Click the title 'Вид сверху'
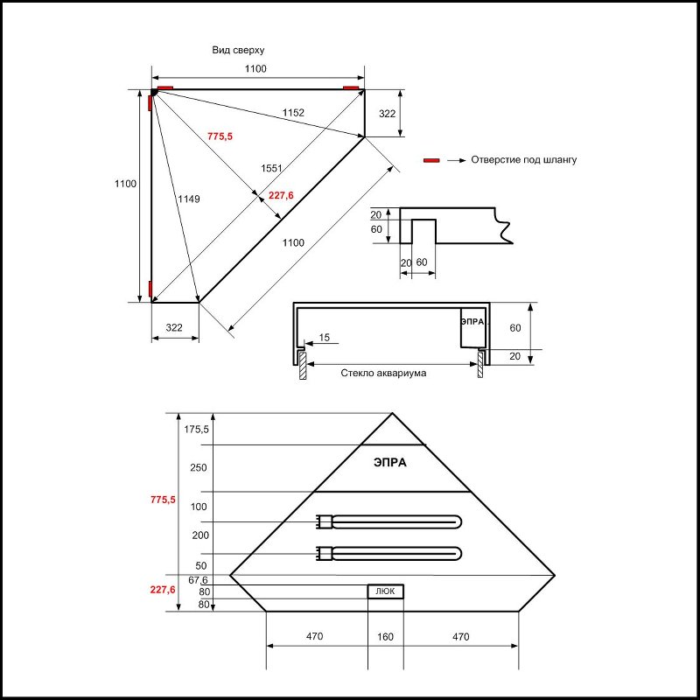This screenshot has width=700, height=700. (x=238, y=51)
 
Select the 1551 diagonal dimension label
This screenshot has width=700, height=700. (x=271, y=168)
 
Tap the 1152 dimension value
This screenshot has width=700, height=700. (x=294, y=112)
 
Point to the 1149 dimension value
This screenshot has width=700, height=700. (x=188, y=199)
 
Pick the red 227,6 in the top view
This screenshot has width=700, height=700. (x=280, y=195)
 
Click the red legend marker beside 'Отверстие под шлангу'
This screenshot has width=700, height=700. (x=430, y=160)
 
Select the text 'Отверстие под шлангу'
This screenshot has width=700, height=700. (x=523, y=160)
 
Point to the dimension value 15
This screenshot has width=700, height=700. (x=325, y=337)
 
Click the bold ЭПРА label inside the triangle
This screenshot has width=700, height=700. (x=389, y=463)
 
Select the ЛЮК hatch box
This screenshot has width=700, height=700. (x=385, y=591)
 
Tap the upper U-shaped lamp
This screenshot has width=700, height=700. (x=389, y=522)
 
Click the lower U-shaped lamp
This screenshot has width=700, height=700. (x=389, y=553)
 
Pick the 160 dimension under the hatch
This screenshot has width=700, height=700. (x=385, y=636)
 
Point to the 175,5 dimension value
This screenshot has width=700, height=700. (x=197, y=429)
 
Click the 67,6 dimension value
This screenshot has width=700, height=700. (x=198, y=580)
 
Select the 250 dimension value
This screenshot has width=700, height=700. (x=198, y=467)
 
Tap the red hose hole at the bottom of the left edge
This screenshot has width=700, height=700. (x=150, y=290)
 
